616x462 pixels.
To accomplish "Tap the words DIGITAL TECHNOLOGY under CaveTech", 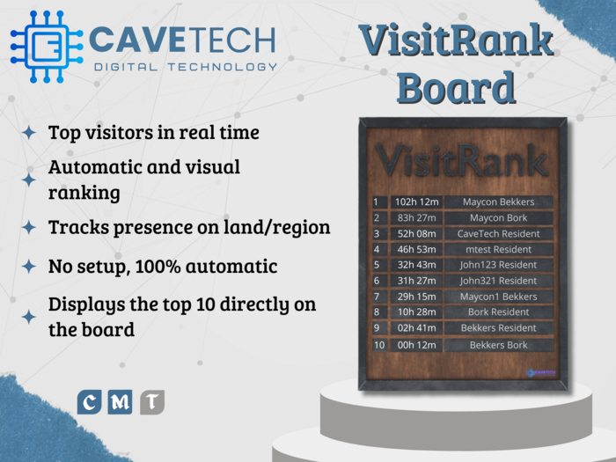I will [x=186, y=67].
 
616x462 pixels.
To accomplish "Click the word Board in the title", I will [x=455, y=87].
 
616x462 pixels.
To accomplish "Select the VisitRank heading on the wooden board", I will [x=462, y=160].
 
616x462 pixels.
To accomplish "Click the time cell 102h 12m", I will [x=416, y=202].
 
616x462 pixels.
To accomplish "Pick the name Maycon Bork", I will [x=498, y=218].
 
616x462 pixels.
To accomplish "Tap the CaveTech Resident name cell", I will [x=498, y=234].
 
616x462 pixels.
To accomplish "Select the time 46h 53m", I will [x=416, y=250].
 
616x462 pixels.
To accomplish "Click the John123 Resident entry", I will [x=498, y=265].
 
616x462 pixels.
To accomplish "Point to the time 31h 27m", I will [x=416, y=281].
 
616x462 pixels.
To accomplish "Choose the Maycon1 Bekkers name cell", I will [x=498, y=297].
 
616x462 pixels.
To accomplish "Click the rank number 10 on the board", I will [x=379, y=345].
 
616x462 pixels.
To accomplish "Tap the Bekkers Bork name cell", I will [x=498, y=345].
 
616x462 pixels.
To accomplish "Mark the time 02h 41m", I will [x=416, y=328].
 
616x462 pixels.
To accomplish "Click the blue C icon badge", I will [x=90, y=402].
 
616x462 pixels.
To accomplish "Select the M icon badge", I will [x=121, y=402].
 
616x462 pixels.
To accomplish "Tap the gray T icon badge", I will [x=152, y=402].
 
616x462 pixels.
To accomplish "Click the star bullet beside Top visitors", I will [x=29, y=133].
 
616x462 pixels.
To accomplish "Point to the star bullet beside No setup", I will [x=29, y=266].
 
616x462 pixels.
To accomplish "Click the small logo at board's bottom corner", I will [x=540, y=373].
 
